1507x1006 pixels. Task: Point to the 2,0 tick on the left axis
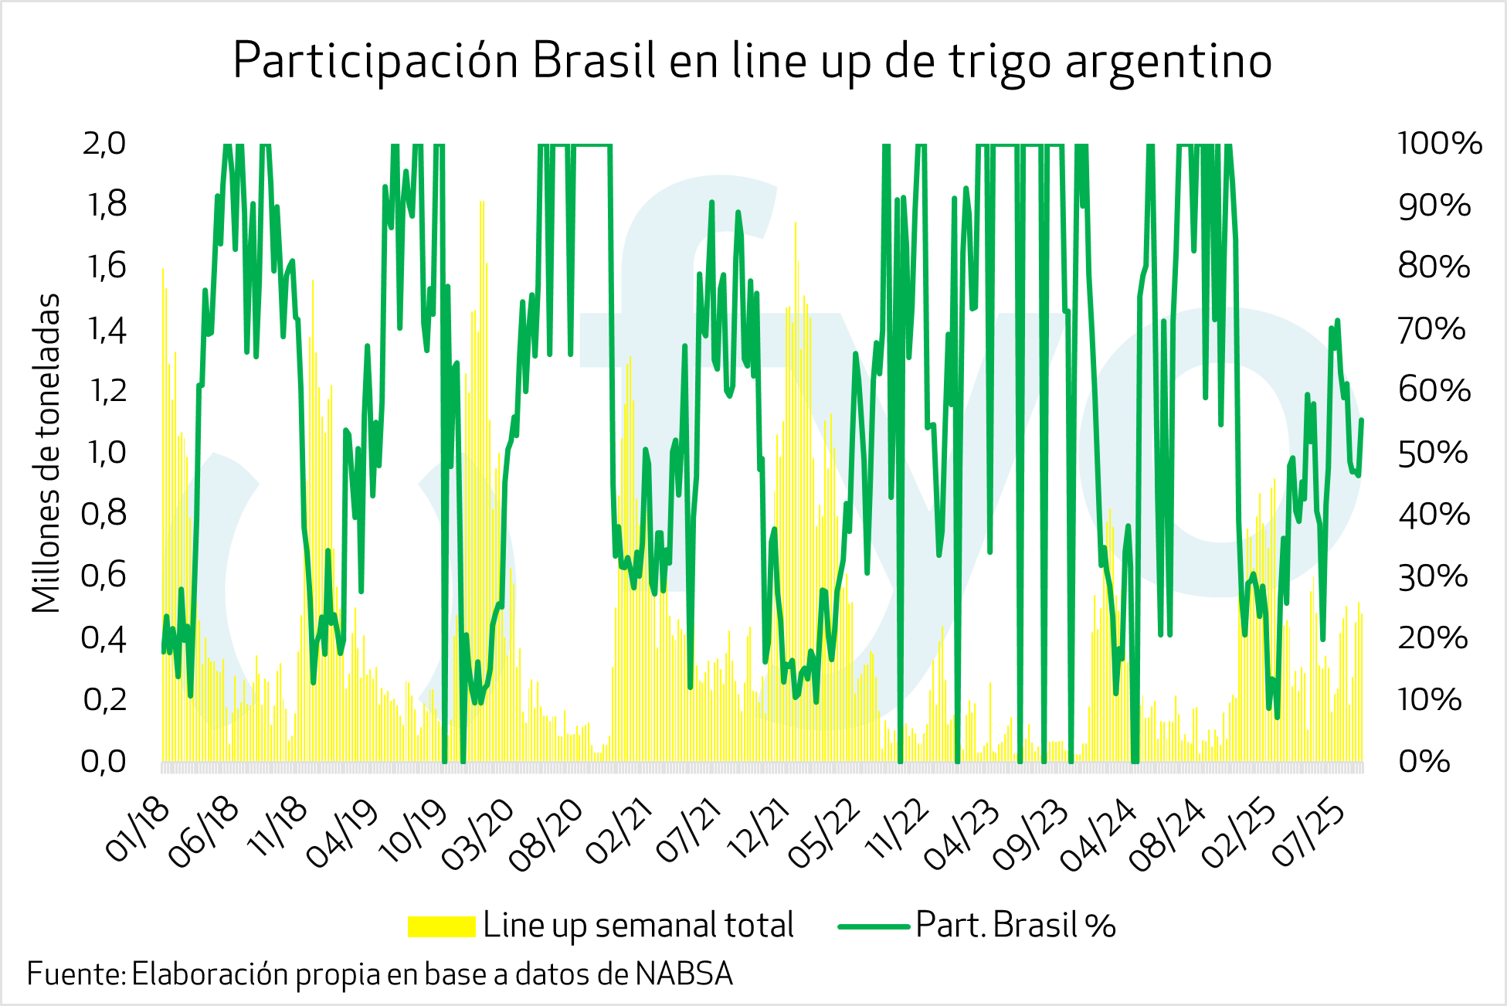(x=104, y=144)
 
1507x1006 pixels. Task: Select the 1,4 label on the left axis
(x=107, y=330)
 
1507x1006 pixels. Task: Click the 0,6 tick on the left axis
(x=104, y=576)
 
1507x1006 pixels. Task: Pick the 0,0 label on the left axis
(x=104, y=762)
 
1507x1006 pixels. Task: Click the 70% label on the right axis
(x=1431, y=330)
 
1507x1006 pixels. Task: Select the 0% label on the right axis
(x=1424, y=762)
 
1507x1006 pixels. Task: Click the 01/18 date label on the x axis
(x=137, y=830)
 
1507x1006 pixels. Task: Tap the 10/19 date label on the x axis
(x=413, y=831)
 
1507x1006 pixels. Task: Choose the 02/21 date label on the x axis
(x=619, y=831)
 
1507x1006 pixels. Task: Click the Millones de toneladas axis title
(x=46, y=453)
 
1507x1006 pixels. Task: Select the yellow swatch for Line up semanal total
(x=441, y=926)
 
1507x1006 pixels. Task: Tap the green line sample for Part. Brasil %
(x=874, y=926)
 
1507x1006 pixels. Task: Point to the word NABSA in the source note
(x=684, y=974)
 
